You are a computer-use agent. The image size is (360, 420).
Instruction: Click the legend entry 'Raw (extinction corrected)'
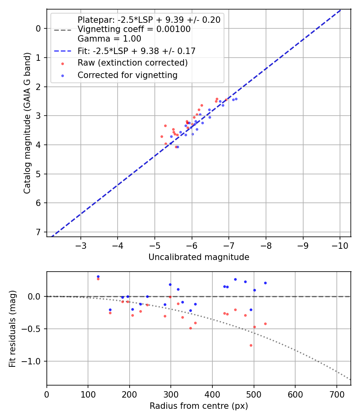tap(132, 63)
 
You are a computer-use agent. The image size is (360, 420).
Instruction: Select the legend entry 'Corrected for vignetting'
tap(127, 75)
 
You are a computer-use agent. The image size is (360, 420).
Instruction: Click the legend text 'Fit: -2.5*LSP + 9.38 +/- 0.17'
tap(136, 51)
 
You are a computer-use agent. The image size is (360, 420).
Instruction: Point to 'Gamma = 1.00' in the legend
tap(109, 39)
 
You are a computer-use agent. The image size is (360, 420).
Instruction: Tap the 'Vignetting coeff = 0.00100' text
tap(134, 29)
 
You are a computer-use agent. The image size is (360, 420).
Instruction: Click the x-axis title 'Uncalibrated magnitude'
tap(199, 257)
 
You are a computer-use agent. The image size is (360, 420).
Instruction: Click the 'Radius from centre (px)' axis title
tap(199, 406)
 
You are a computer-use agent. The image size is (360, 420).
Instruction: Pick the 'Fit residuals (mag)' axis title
tap(13, 328)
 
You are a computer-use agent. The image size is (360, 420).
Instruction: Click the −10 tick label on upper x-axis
tap(340, 245)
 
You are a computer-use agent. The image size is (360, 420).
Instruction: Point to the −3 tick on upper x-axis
tap(81, 245)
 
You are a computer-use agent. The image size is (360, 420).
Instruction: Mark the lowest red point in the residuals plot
tap(251, 345)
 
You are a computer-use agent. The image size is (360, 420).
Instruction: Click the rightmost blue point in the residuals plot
tap(265, 283)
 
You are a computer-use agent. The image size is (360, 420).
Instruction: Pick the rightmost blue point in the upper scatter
tap(236, 99)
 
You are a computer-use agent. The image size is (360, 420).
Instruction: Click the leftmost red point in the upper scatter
tap(162, 136)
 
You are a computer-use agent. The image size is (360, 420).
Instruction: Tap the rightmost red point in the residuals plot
tap(265, 324)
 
